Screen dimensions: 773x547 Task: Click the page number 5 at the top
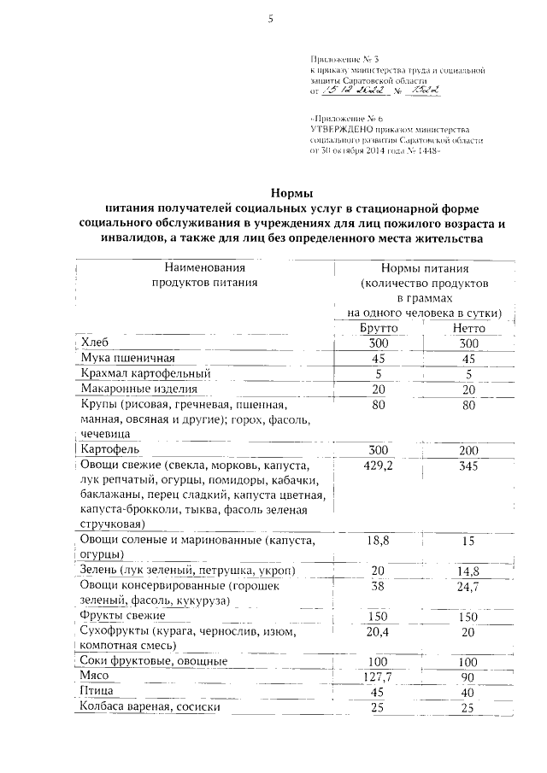point(269,20)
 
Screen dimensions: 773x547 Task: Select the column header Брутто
point(373,327)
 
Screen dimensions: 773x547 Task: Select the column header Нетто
point(469,327)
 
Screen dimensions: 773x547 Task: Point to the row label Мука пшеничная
point(126,358)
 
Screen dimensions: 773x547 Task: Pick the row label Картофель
point(115,448)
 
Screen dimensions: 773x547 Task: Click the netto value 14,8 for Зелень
point(469,571)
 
